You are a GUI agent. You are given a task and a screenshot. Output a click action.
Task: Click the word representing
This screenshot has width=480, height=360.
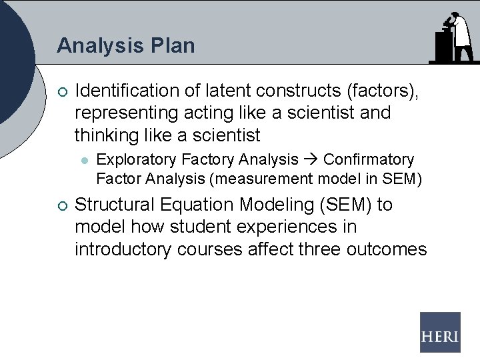coord(126,113)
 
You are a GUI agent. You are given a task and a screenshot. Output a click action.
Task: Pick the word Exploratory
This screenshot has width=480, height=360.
coord(137,160)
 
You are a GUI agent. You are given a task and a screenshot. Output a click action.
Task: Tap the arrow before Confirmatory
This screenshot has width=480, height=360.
coord(311,160)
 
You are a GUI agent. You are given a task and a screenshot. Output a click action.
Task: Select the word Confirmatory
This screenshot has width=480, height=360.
coord(369,160)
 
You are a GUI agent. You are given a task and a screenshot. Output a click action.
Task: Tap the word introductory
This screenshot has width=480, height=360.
coord(123,249)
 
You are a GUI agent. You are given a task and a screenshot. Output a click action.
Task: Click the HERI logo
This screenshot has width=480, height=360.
coord(440,332)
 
